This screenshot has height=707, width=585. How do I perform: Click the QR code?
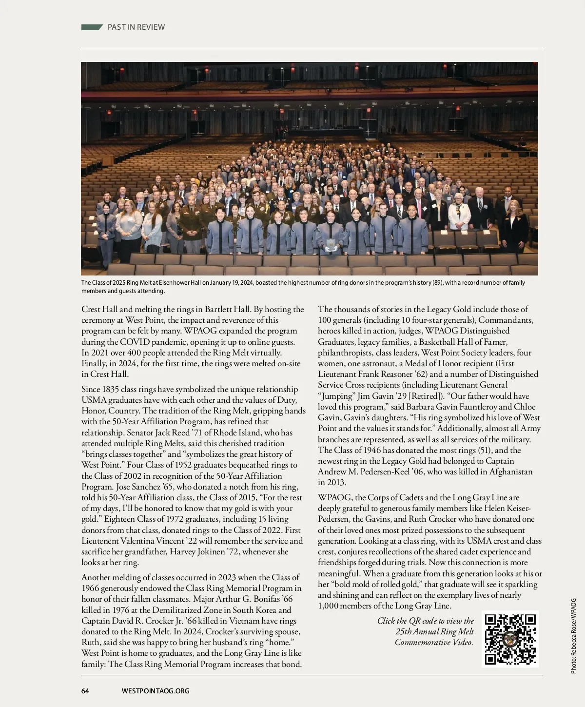click(510, 639)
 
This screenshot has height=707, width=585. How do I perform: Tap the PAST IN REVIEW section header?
click(136, 27)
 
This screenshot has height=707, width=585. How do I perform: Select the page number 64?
click(85, 690)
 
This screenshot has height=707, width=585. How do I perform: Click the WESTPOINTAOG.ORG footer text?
click(156, 690)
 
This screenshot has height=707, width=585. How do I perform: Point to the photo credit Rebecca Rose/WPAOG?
click(573, 636)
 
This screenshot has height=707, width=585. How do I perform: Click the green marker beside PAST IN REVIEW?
click(92, 27)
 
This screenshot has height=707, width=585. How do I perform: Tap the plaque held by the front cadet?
click(331, 244)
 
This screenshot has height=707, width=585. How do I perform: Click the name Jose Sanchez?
click(139, 487)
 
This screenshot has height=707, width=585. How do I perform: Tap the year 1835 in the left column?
click(111, 389)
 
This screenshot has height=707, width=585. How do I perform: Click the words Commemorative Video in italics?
click(434, 642)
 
